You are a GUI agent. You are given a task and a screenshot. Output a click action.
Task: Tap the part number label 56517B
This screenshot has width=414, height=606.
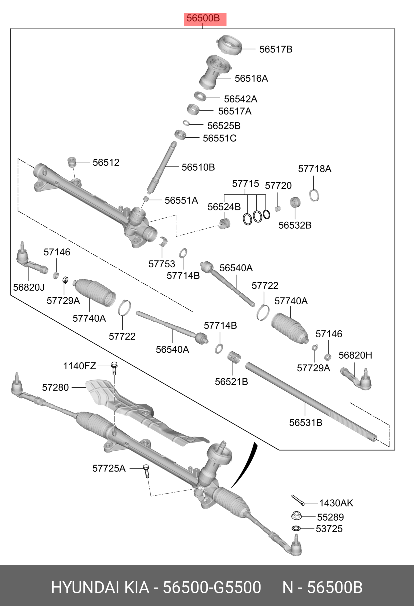point(276,49)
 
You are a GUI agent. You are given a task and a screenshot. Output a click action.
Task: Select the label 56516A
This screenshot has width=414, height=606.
point(251,78)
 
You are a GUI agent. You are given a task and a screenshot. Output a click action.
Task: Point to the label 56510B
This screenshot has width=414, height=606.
point(198,167)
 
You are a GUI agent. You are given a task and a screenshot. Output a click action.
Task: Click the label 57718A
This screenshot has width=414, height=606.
point(314,169)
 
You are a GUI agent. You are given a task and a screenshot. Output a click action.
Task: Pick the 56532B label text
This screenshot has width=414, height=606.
point(295,225)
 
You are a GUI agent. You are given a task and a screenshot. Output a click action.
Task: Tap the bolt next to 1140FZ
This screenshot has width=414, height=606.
point(114,368)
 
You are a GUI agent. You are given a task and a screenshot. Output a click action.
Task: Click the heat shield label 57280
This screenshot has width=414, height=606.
point(55,388)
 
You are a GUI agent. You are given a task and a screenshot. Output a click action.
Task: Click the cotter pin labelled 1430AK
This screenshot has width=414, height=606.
point(298,500)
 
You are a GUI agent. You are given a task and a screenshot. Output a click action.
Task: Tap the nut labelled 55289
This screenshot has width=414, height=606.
point(296,516)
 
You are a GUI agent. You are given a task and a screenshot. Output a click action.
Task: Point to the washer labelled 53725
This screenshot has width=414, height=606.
point(296,528)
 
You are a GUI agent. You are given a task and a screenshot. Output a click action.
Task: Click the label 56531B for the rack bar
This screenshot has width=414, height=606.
point(306,423)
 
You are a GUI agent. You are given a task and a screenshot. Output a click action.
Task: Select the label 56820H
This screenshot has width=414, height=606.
point(355,355)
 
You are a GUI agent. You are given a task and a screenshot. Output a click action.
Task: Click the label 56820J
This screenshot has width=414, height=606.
point(29,287)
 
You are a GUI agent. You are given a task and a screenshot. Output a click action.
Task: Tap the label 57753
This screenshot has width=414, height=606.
point(162,264)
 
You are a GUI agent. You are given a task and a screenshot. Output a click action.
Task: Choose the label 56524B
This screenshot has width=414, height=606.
point(224,207)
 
